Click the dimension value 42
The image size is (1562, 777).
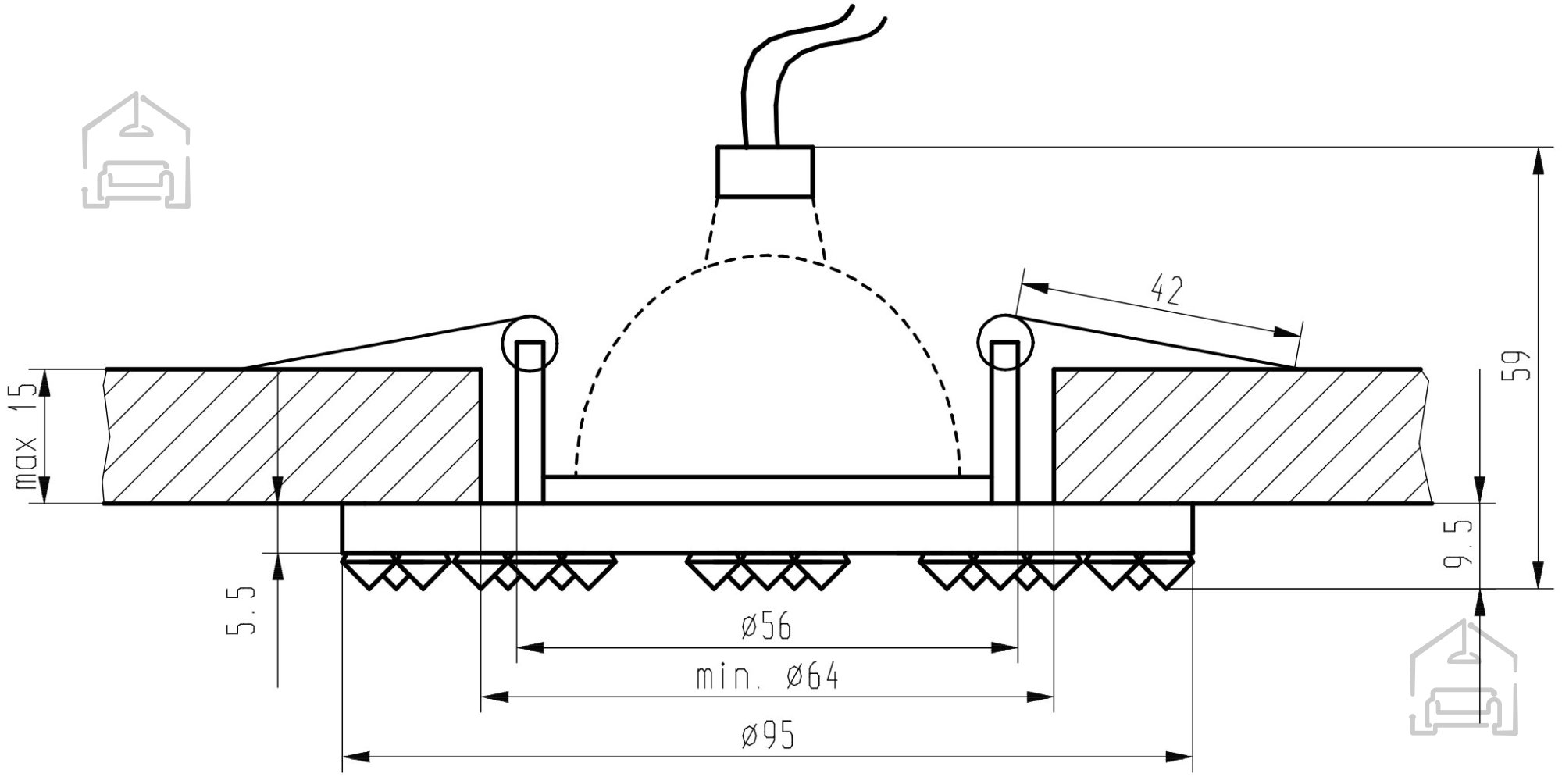[1167, 290]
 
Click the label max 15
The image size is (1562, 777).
[27, 436]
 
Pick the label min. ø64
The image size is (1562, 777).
[767, 675]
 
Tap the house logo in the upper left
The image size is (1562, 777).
[136, 150]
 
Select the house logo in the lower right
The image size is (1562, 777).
[1464, 678]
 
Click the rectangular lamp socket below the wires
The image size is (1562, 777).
[765, 171]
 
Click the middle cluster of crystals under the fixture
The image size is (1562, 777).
[767, 572]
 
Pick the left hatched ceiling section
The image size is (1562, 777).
[293, 436]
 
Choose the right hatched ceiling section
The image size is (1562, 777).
[1242, 436]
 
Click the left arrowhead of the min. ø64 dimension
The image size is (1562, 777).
[494, 697]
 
